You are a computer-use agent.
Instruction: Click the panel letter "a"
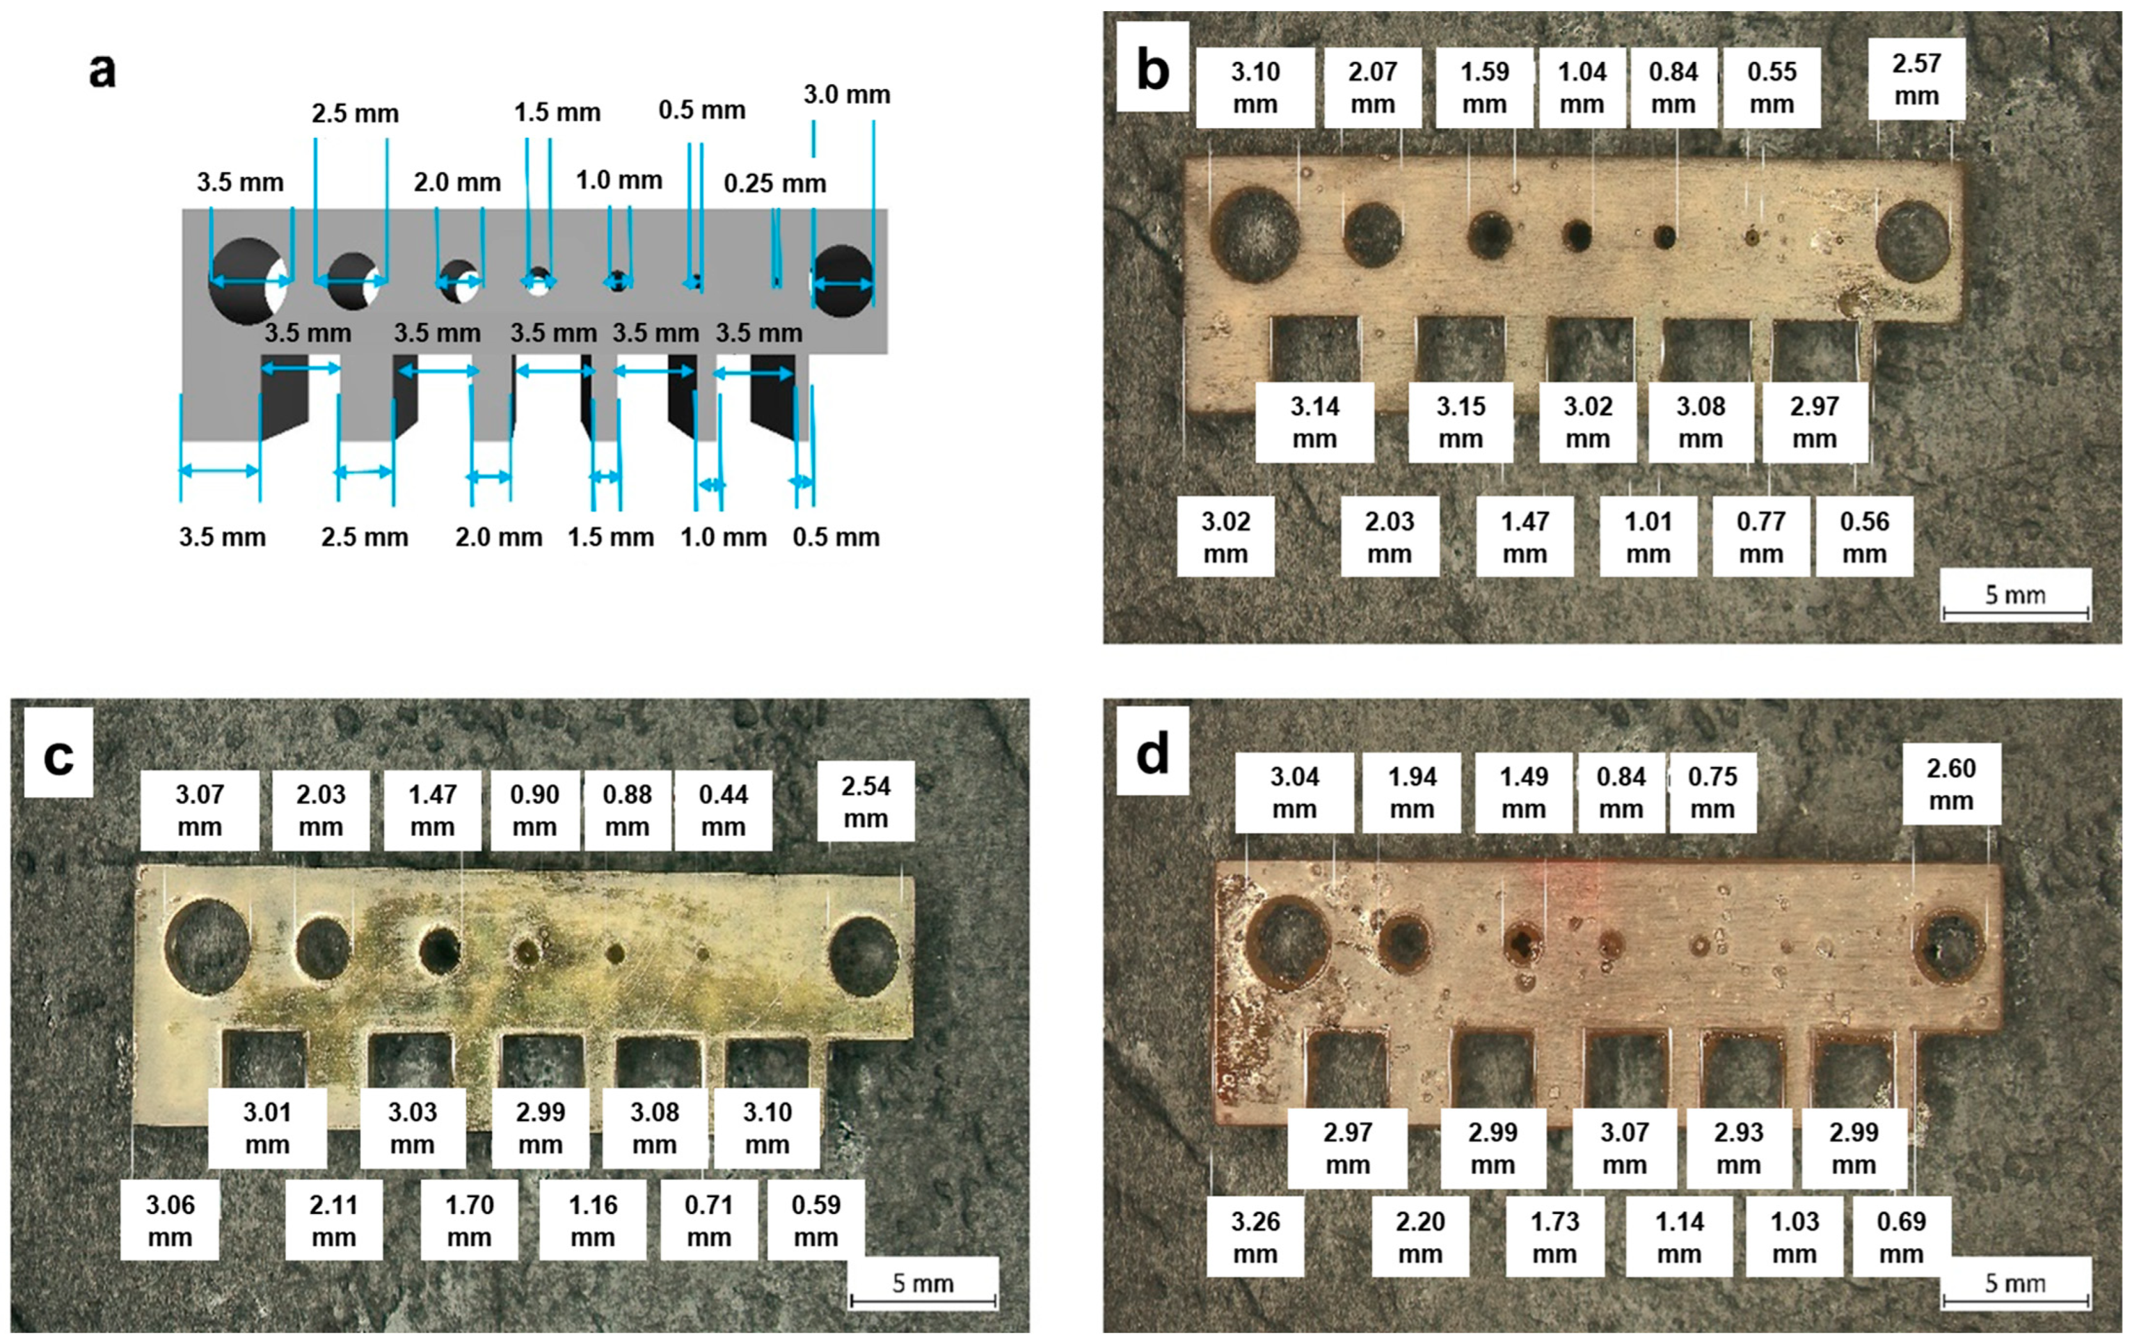[102, 71]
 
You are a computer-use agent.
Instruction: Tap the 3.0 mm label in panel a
[845, 95]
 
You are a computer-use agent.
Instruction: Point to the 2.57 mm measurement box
[1916, 79]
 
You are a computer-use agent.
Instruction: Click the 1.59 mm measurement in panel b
[1484, 88]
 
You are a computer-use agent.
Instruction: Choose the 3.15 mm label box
[1460, 422]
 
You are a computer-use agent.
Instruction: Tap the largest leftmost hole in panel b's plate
[1255, 235]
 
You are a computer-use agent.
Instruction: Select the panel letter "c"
[58, 755]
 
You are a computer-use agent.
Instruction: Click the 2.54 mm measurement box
[865, 802]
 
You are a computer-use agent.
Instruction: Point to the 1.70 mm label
[468, 1220]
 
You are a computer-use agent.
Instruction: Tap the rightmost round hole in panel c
[864, 956]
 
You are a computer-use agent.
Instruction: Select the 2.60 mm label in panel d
[1950, 784]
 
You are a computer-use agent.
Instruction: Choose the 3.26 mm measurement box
[1255, 1237]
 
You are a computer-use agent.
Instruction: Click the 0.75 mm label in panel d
[1712, 793]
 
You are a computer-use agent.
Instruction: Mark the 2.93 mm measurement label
[1738, 1148]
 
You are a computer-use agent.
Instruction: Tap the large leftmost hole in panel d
[1288, 941]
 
